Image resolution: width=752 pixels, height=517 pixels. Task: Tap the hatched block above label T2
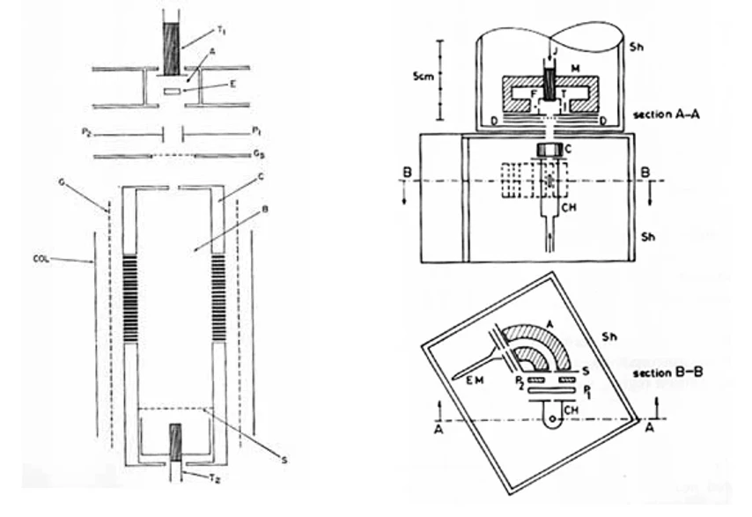point(175,442)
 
